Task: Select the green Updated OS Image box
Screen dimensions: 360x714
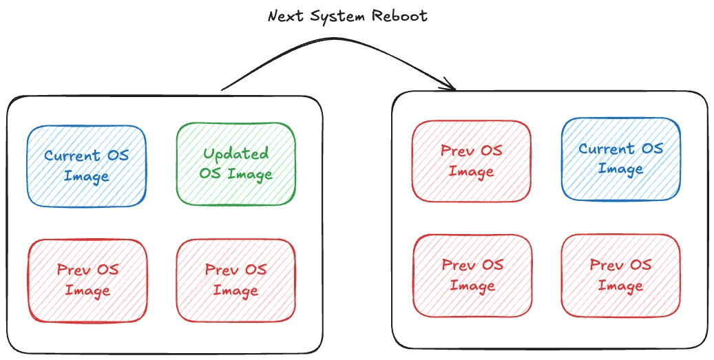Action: pyautogui.click(x=235, y=164)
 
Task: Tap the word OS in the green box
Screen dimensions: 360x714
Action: pyautogui.click(x=209, y=173)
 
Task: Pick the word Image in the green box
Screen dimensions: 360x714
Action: pyautogui.click(x=251, y=173)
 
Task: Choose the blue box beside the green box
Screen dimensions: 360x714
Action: pyautogui.click(x=87, y=165)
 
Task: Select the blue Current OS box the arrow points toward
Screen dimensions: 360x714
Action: pyautogui.click(x=620, y=159)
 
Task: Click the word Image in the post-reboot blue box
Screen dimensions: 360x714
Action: pyautogui.click(x=620, y=169)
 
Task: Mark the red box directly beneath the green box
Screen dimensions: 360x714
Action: pyautogui.click(x=235, y=279)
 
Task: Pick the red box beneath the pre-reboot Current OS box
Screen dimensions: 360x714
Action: pyautogui.click(x=87, y=279)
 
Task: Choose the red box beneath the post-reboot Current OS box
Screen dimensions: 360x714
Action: pyautogui.click(x=620, y=275)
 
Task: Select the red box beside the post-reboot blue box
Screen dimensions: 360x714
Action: pyautogui.click(x=472, y=161)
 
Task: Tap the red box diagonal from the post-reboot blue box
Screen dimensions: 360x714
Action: pyautogui.click(x=472, y=275)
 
